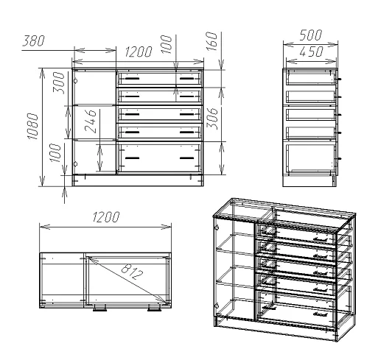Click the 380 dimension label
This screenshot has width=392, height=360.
(33, 41)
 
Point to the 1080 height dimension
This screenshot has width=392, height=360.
(32, 126)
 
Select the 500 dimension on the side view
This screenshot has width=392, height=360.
(310, 35)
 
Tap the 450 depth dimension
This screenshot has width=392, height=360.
(311, 52)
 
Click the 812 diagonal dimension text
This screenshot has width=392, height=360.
(132, 272)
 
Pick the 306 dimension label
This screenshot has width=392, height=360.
(212, 119)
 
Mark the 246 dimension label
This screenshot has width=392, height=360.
(90, 121)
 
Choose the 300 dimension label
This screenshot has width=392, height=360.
(59, 82)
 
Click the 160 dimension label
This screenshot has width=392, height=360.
(212, 41)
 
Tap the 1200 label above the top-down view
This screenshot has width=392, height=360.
(106, 217)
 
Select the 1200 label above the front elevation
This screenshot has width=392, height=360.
(139, 52)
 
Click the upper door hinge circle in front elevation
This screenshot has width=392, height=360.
(75, 81)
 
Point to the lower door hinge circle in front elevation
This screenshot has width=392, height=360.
(75, 164)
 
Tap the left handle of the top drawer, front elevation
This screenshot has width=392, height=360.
(132, 79)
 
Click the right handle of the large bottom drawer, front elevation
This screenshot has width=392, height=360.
(186, 158)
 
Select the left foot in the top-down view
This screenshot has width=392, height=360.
(99, 309)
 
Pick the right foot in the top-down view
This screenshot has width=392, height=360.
(155, 309)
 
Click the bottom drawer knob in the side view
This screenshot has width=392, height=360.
(340, 158)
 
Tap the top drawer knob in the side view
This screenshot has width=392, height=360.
(340, 79)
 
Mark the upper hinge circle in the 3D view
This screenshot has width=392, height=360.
(217, 227)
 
